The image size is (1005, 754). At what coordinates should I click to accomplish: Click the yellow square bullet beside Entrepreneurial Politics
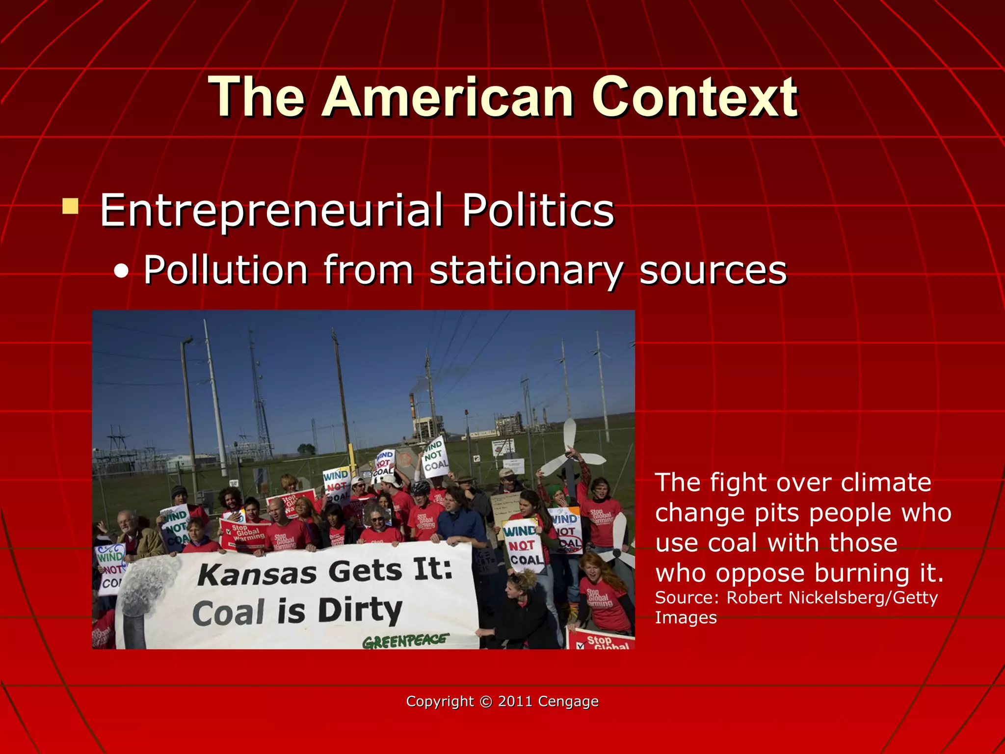[x=71, y=206]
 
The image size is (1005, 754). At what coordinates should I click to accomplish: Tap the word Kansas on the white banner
[x=257, y=573]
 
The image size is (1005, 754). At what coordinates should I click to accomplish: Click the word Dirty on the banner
[x=360, y=610]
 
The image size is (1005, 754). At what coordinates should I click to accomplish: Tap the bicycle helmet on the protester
[x=421, y=487]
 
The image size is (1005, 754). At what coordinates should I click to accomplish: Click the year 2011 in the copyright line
[x=515, y=701]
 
